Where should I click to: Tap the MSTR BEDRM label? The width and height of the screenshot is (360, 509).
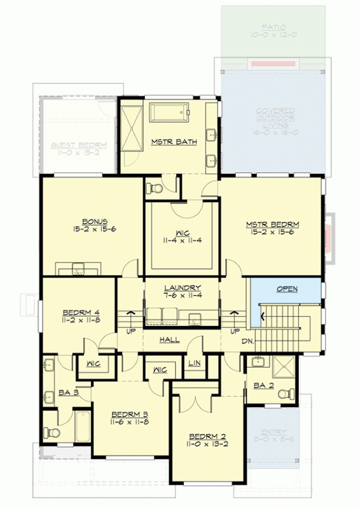click(272, 225)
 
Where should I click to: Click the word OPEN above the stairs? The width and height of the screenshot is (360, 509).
click(287, 289)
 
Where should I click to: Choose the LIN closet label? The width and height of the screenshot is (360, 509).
click(195, 363)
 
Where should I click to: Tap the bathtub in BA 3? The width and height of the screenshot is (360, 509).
click(83, 427)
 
